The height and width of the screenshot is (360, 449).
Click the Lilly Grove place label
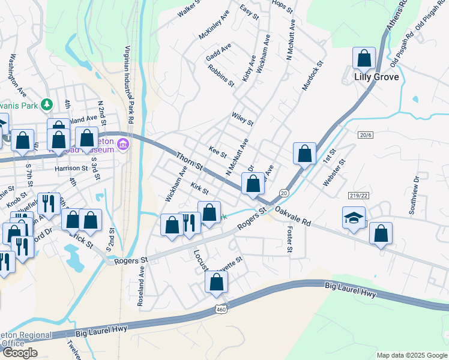click(x=376, y=77)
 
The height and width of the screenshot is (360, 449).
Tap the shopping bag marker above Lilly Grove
click(x=364, y=59)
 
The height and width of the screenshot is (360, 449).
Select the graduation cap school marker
click(x=354, y=218)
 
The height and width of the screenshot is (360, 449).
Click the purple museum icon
click(x=123, y=144)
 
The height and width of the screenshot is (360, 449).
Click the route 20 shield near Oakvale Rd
click(x=284, y=193)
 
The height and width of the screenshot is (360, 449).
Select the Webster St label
click(x=334, y=172)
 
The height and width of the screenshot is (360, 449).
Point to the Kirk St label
click(x=199, y=189)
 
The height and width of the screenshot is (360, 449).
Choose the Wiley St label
click(x=243, y=119)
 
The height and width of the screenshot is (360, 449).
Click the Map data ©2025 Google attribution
click(x=412, y=355)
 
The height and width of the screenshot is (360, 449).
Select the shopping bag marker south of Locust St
click(x=216, y=283)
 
